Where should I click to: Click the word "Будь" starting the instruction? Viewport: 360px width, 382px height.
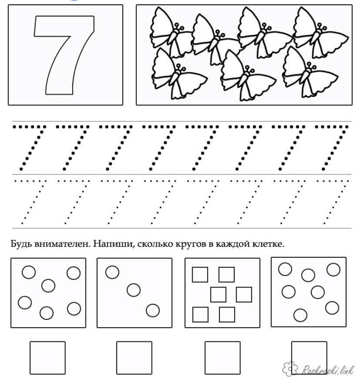pyautogui.click(x=20, y=244)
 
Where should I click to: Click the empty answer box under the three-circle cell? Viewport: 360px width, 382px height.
pyautogui.click(x=134, y=358)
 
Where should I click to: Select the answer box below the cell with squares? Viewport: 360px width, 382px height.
pyautogui.click(x=222, y=358)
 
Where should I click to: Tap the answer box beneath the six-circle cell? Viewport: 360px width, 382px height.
pyautogui.click(x=47, y=358)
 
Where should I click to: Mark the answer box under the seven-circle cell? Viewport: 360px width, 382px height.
pyautogui.click(x=309, y=358)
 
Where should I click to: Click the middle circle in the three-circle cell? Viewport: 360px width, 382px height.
pyautogui.click(x=133, y=290)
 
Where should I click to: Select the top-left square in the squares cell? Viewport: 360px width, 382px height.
pyautogui.click(x=199, y=275)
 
